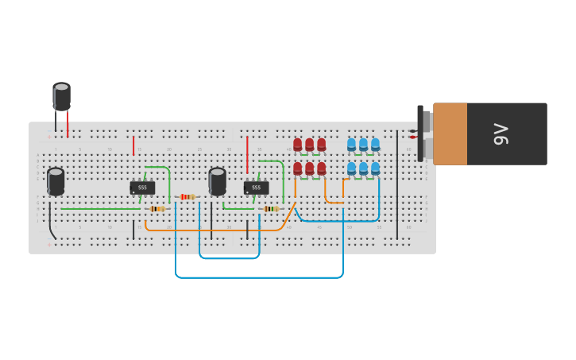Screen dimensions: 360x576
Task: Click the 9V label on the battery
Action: click(x=501, y=134)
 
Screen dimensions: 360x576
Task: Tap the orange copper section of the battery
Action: click(x=450, y=134)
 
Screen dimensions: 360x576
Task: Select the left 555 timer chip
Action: click(x=142, y=188)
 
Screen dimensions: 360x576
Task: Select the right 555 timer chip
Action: click(x=256, y=188)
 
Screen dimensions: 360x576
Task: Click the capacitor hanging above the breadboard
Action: click(x=61, y=96)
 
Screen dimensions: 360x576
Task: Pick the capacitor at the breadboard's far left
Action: click(x=56, y=180)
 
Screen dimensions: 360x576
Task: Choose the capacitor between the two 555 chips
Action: click(x=217, y=180)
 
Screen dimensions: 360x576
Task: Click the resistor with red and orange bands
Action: click(x=187, y=196)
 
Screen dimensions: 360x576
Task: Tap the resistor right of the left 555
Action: click(x=157, y=209)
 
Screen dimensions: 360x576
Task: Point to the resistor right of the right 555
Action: click(x=272, y=209)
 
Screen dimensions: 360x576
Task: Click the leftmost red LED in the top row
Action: click(x=297, y=145)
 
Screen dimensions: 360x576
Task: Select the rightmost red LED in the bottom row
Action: click(x=321, y=168)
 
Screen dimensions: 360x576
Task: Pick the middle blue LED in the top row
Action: click(x=363, y=145)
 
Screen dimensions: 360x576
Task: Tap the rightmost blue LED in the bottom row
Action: click(x=375, y=168)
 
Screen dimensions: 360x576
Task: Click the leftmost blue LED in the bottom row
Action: click(x=351, y=168)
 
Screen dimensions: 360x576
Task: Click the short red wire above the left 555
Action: click(x=133, y=145)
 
